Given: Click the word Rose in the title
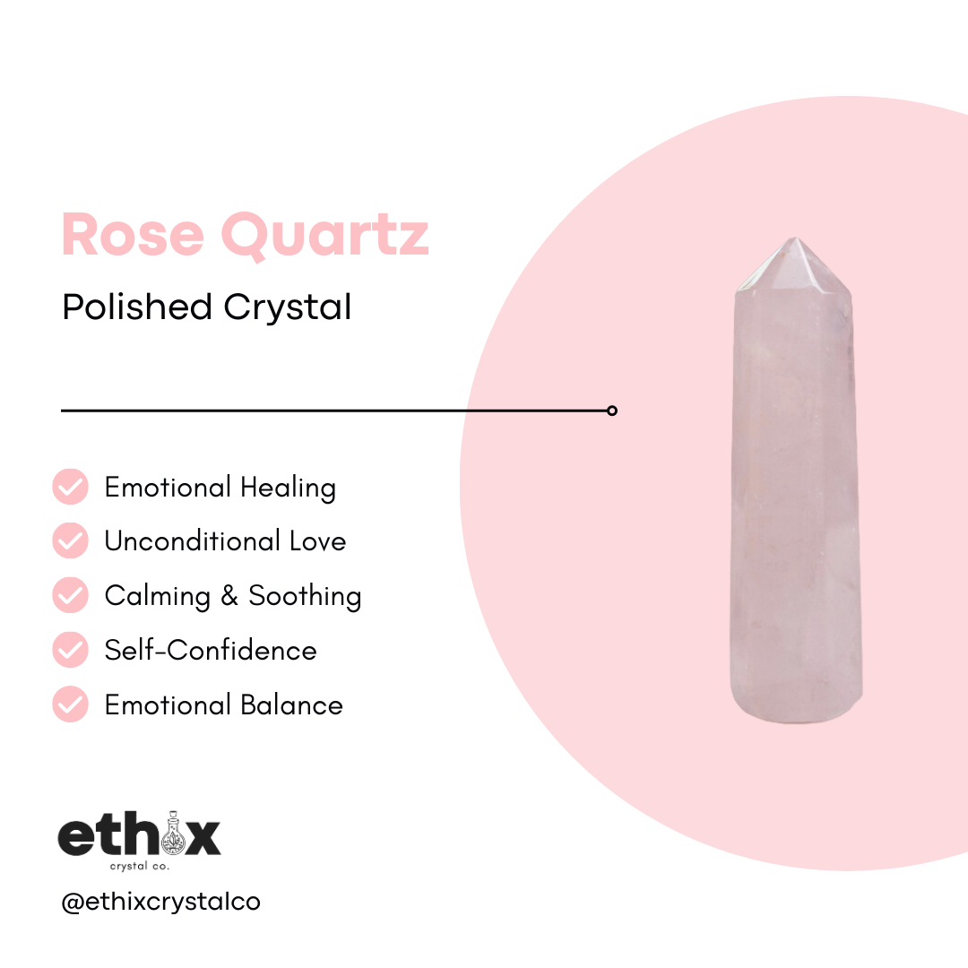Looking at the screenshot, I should point(133,235).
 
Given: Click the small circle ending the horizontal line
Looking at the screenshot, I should point(612,411).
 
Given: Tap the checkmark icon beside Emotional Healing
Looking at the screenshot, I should point(70,487).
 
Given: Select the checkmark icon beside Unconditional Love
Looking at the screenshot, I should point(70,541).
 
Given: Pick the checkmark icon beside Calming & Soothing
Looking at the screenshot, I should point(70,595).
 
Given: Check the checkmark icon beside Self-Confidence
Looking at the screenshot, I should point(70,650).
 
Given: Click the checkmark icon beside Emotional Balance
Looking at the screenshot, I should point(70,704).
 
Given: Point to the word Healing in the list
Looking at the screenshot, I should point(288,488).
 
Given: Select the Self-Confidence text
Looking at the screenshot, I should point(211,650).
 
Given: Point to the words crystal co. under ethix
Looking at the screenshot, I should point(139,867).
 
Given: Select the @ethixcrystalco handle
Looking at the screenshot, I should point(160,902).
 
